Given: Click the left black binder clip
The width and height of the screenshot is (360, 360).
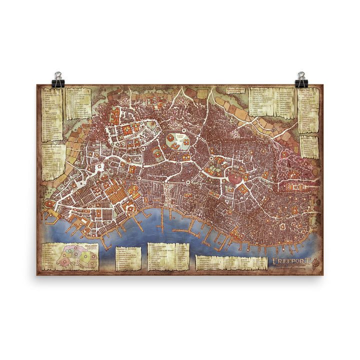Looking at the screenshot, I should (58, 80).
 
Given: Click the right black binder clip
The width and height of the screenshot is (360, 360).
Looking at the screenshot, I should (301, 80).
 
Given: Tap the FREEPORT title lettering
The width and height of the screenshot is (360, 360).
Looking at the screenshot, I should (292, 260).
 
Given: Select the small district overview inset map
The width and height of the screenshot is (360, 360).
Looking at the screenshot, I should (77, 257).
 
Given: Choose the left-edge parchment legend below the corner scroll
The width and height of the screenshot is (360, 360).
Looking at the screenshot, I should (53, 162).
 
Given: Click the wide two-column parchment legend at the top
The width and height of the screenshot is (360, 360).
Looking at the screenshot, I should (271, 101).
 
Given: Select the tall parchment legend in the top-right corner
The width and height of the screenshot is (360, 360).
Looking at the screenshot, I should (308, 110).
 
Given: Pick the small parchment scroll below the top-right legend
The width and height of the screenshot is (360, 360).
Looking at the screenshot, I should (308, 146).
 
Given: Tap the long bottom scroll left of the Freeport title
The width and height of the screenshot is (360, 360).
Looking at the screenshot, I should (231, 262).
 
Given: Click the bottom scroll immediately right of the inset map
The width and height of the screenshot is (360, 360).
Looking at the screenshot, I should (128, 258).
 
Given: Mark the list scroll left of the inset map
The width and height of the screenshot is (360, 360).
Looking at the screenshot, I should (49, 257).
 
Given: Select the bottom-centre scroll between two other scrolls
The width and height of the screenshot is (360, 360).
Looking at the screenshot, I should (168, 256).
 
